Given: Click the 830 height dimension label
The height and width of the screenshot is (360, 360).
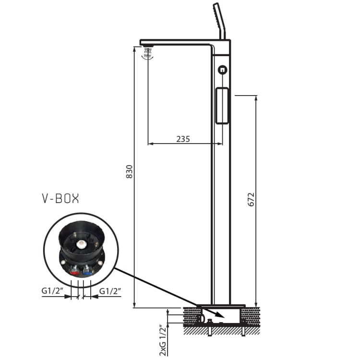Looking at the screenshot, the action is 130,171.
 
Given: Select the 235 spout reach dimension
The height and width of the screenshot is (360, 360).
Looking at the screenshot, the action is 183,139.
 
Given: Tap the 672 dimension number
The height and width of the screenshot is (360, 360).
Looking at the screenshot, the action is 251,199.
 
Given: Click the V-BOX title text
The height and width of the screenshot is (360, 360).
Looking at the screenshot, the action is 60,199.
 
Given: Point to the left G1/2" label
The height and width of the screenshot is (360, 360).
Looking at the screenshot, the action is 52,291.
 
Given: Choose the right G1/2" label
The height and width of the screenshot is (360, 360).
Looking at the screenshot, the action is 110,291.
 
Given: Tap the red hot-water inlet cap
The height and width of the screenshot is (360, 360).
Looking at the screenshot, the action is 74,273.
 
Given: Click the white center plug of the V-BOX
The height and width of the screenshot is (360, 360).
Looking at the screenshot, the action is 81,243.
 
